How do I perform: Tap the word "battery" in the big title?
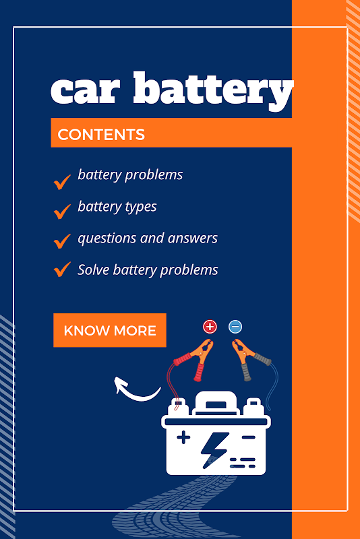point(214,91)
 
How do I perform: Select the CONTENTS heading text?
point(101,134)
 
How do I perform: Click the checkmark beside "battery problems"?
point(62,182)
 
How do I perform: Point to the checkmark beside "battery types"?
point(62,212)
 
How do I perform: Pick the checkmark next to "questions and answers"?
point(62,241)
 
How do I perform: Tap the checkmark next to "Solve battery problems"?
point(62,269)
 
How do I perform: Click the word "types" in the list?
point(141,208)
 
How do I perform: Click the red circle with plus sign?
point(210,327)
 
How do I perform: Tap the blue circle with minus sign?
point(235,327)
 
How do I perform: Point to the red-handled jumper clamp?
point(195,359)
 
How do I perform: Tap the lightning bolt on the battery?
point(214,450)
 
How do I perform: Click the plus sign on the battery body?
point(183,437)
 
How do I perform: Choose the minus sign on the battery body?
point(248,437)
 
